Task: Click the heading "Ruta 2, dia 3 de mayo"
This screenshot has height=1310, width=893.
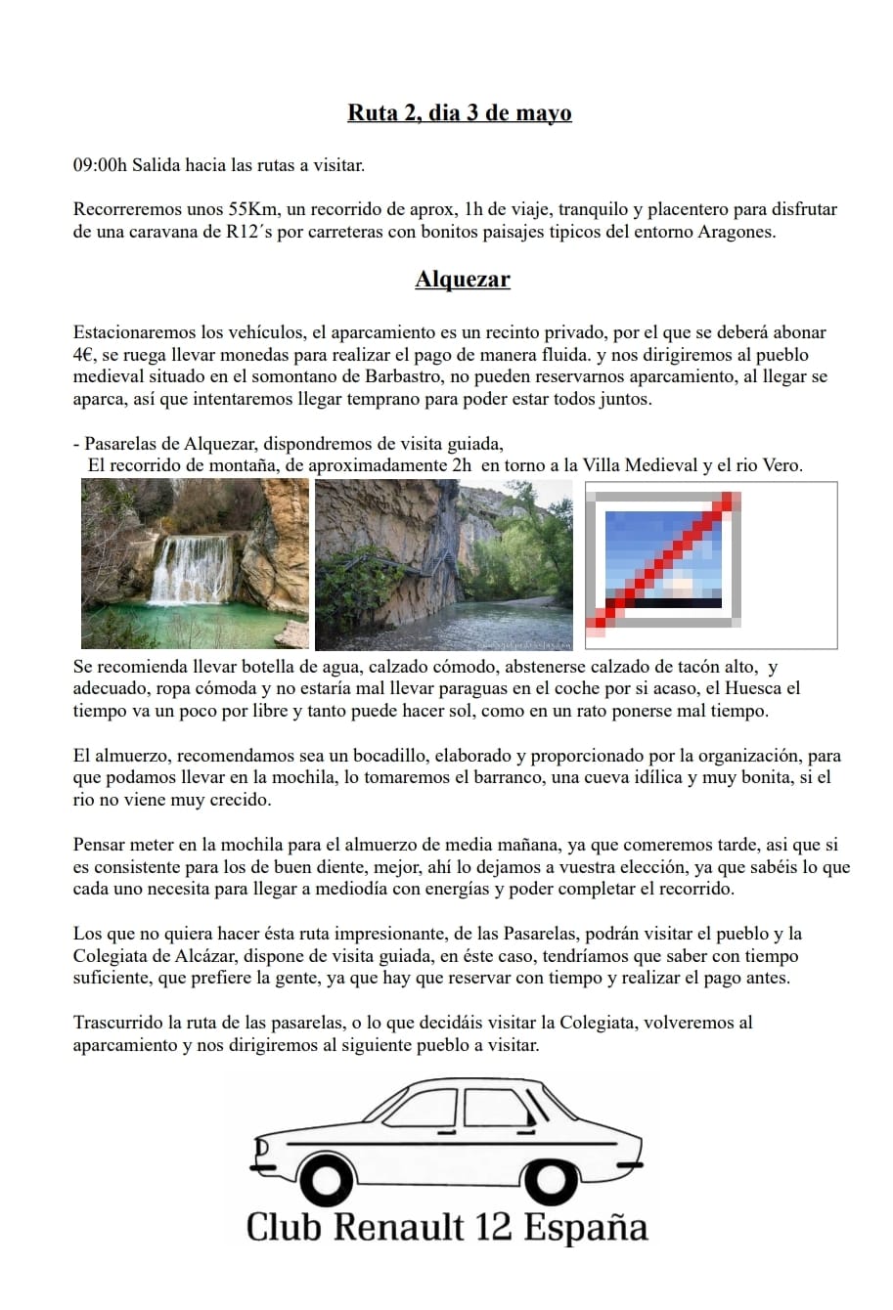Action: pyautogui.click(x=459, y=113)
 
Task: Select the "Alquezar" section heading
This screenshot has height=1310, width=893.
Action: pyautogui.click(x=463, y=280)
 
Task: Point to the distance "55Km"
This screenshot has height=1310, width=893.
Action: pyautogui.click(x=251, y=209)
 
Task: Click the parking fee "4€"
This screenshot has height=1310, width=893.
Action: pyautogui.click(x=84, y=355)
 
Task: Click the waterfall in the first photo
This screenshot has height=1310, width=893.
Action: pyautogui.click(x=192, y=569)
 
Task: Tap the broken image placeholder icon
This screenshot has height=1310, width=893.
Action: pyautogui.click(x=665, y=560)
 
